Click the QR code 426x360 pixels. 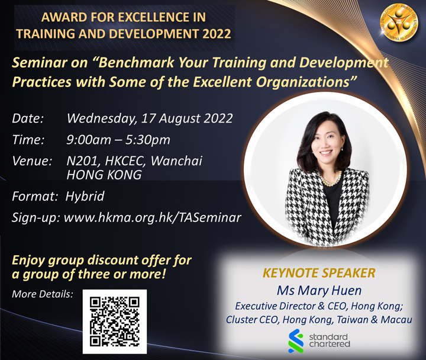click(115, 322)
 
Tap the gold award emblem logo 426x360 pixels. click(399, 22)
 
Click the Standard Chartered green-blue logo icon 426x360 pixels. click(296, 341)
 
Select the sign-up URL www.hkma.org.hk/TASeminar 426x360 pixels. click(153, 217)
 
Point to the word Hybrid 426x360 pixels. click(85, 197)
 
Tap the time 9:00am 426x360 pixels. click(89, 140)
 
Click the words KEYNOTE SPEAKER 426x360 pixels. click(319, 273)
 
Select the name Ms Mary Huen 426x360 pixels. click(319, 290)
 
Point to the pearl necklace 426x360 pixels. click(331, 180)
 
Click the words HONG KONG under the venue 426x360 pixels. click(104, 175)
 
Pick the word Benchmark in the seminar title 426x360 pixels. click(136, 63)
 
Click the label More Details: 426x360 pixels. click(43, 294)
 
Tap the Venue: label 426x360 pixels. click(32, 161)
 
